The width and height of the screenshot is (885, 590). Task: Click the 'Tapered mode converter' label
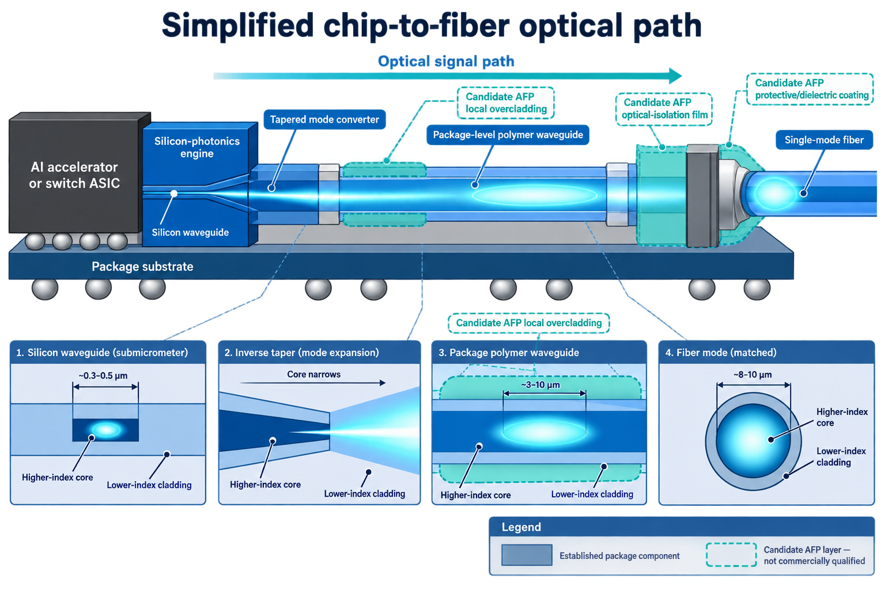324,119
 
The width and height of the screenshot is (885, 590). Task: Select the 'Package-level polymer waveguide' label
508,135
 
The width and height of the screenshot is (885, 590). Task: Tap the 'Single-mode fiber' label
824,140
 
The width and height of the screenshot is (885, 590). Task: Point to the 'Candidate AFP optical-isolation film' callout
664,109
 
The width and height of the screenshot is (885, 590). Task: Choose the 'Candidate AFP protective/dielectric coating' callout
810,89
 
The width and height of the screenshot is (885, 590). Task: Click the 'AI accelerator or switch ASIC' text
74,175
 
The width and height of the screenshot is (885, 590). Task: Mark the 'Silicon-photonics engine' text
196,147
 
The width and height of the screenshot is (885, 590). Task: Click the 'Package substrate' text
142,266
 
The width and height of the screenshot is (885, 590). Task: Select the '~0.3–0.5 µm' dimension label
103,376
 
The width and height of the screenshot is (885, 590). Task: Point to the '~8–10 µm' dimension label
752,375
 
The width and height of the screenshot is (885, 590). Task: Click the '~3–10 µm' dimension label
540,385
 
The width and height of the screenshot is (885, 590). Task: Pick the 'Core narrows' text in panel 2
313,375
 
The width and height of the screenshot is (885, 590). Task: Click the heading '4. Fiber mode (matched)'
721,352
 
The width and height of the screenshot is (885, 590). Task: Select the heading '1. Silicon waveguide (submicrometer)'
102,352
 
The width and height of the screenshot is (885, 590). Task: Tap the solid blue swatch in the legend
527,555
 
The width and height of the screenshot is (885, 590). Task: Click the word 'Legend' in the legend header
521,527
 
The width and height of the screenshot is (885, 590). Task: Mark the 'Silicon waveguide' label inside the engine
190,232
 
